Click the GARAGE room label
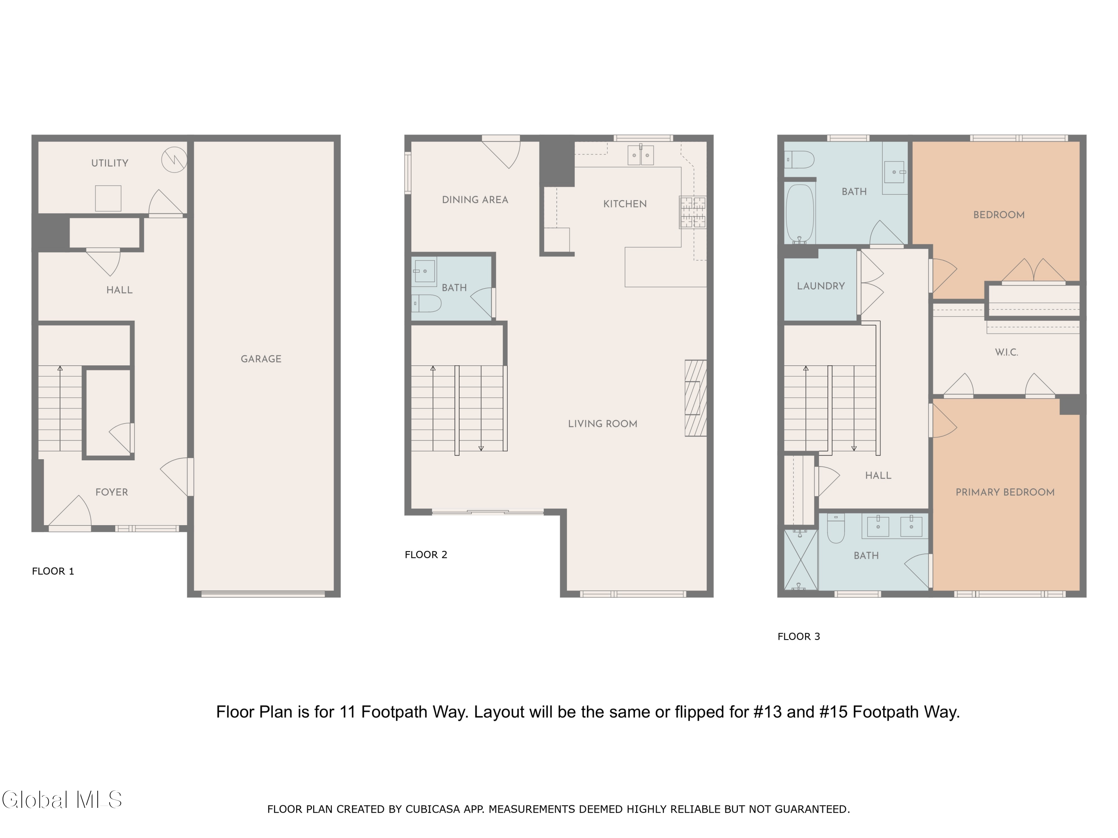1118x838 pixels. click(261, 359)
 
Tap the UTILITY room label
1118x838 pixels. click(110, 163)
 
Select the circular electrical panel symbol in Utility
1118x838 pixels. click(174, 160)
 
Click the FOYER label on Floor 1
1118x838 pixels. click(112, 492)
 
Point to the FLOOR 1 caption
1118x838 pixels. click(53, 571)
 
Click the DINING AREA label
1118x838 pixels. click(475, 200)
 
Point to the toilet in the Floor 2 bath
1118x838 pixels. click(427, 304)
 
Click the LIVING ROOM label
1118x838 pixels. click(603, 424)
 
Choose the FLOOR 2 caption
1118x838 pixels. click(426, 555)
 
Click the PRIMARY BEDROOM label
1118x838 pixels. click(1005, 492)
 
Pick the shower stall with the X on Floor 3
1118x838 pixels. click(800, 560)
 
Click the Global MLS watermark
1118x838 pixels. click(61, 800)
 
